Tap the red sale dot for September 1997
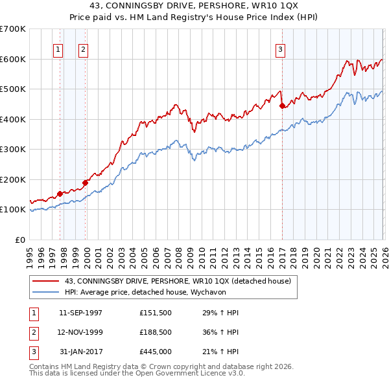click(60, 194)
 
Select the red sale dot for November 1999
click(85, 183)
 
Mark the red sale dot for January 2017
click(282, 106)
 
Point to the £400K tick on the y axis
click(13, 119)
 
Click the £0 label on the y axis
click(19, 240)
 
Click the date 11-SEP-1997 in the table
click(80, 313)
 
